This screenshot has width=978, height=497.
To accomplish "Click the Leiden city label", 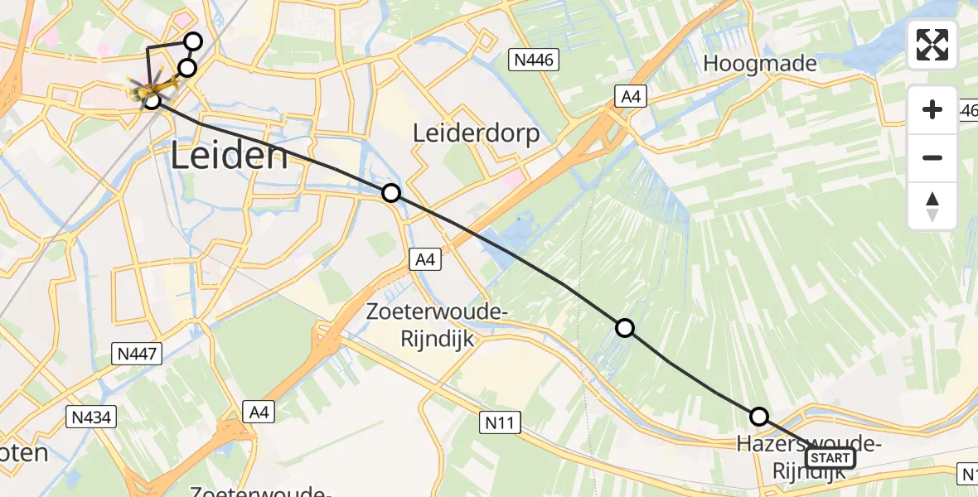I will point(230,155).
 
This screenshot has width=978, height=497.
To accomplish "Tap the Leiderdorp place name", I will point(477,133).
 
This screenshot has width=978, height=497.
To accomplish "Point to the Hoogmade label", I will point(760,63).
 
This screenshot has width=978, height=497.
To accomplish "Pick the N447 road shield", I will point(136,354).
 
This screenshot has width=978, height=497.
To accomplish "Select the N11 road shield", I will point(501,423).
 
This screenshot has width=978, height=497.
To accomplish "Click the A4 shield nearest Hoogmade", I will point(631,98).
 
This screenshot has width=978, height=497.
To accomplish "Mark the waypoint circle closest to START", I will point(758,417).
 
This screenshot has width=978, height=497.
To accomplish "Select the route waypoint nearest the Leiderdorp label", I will point(391,193).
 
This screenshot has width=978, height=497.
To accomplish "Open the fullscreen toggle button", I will point(932,45).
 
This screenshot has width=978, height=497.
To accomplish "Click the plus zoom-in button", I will point(932,109).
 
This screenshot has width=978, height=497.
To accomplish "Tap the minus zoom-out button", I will point(932,157).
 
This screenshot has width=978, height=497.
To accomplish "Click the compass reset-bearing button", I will point(932,205).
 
